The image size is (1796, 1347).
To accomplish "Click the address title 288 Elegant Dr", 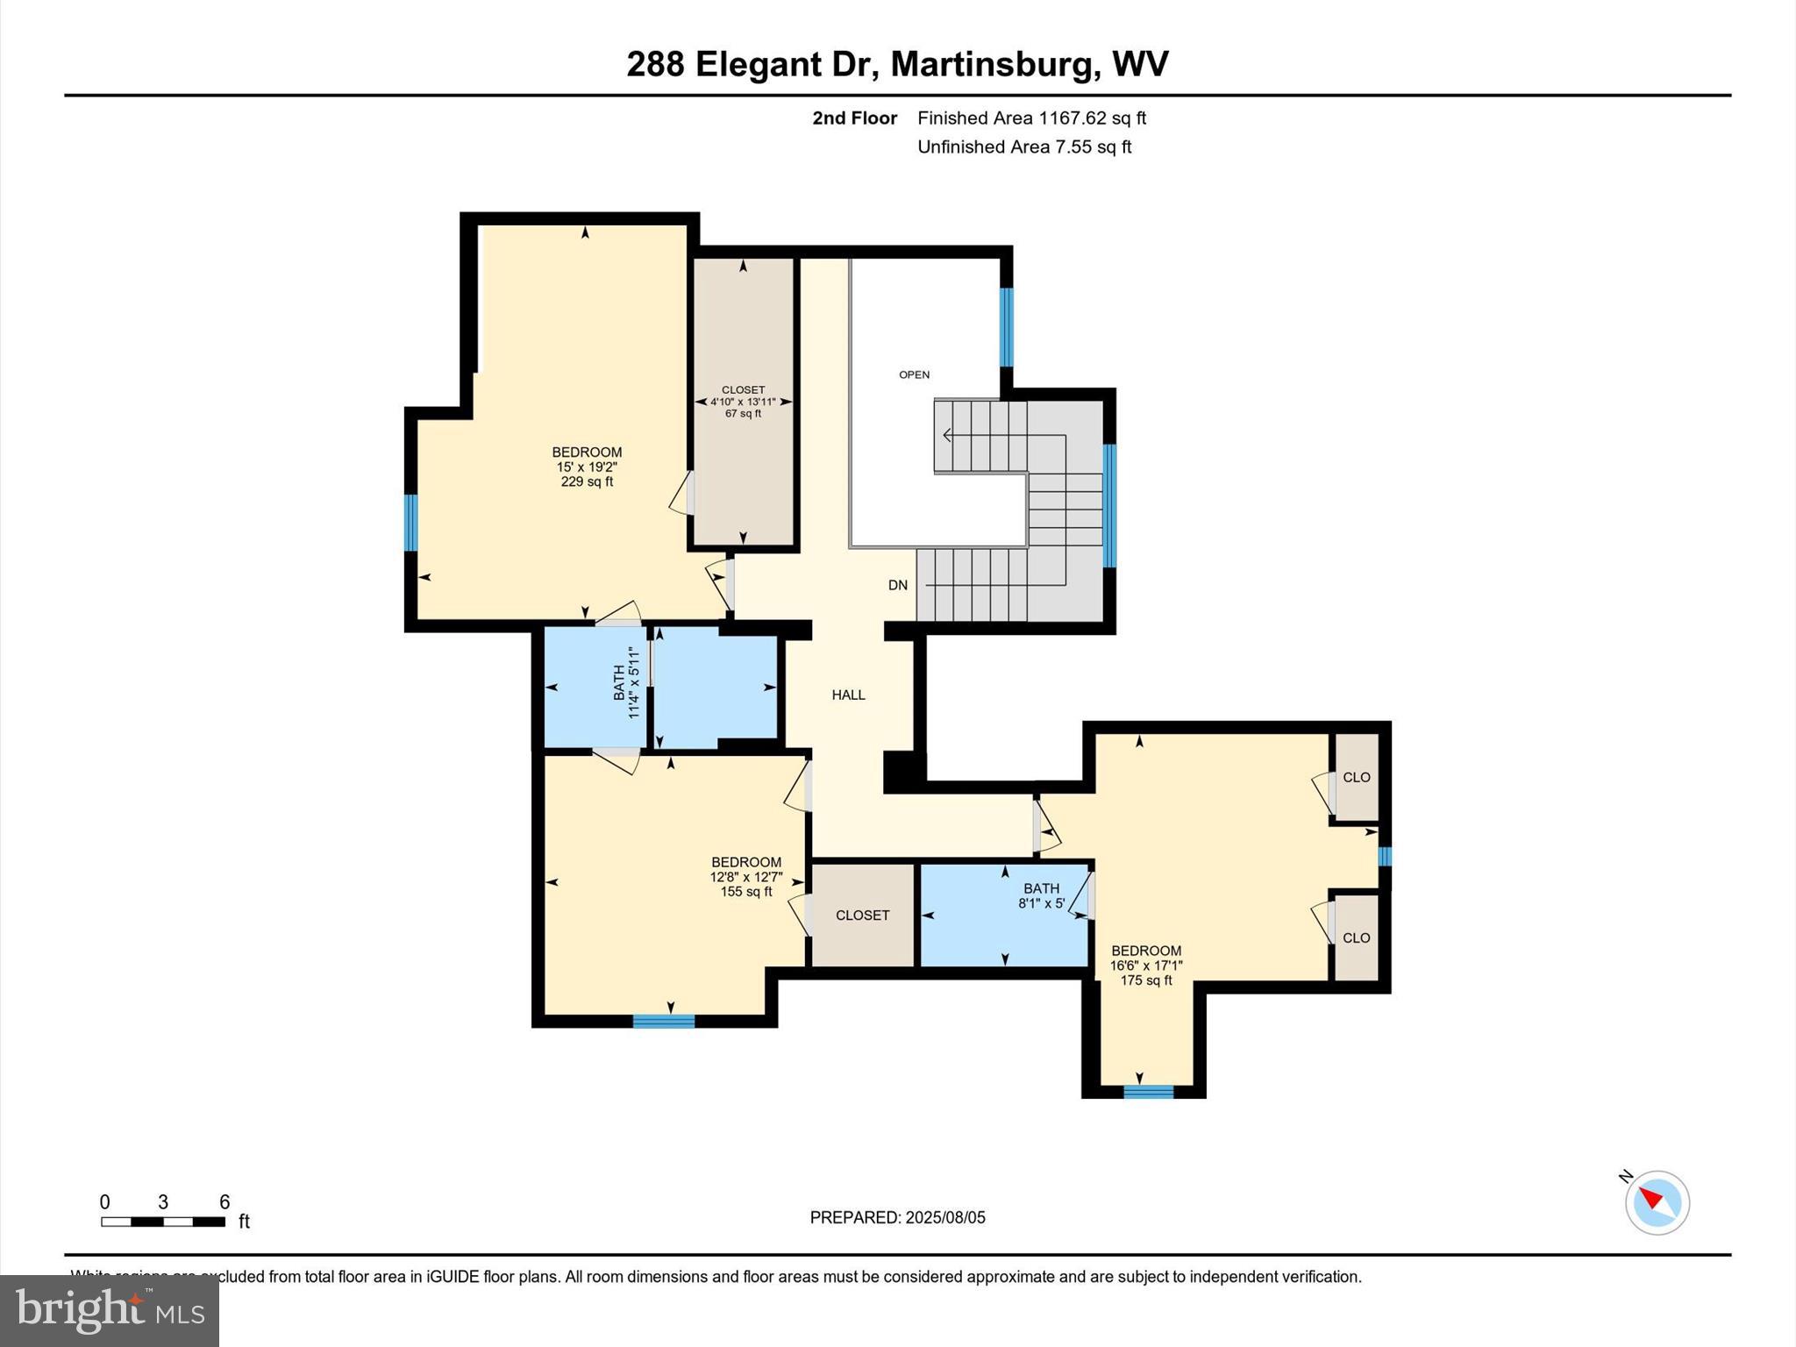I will coord(897,64).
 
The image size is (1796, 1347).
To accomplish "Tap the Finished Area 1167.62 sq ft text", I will coord(1031,118).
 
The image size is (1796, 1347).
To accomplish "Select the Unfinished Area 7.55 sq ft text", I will coord(1023,147).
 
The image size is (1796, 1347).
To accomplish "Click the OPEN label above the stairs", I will coord(914,374).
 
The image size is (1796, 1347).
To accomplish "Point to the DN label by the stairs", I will coord(897,585).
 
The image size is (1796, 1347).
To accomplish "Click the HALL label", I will coord(848,695).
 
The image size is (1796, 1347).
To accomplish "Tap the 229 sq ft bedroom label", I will coord(587,467).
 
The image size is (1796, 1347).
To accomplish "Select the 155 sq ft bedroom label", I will coord(745,876).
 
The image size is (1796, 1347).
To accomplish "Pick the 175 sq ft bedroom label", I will coord(1146,965).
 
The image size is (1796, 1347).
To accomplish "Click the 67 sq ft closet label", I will coord(743,402).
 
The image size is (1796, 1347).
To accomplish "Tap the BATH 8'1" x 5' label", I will coord(1041,895).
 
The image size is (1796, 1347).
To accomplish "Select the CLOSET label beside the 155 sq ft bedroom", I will coord(862,915).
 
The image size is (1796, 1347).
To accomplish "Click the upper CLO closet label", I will coord(1356,777).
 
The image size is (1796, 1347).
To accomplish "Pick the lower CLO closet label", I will coord(1356,937).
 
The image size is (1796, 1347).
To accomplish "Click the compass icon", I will coord(1657,1202).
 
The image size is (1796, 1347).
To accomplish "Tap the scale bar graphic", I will coord(163,1222).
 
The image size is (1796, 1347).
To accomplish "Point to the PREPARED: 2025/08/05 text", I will coord(897,1217).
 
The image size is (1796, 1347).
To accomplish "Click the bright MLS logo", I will coord(110,1310).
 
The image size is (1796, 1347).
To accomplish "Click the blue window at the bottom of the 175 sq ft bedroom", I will coord(1148,1092).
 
